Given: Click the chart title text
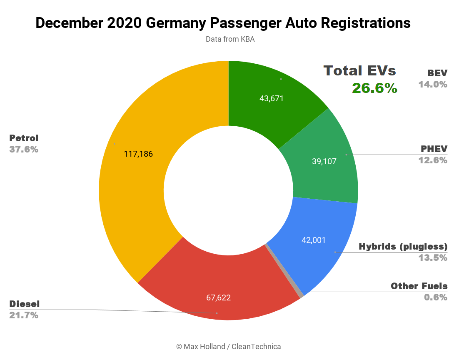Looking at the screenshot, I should tap(223, 23).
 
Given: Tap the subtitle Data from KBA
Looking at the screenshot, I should tap(230, 40).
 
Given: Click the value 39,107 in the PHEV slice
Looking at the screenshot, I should tap(324, 161).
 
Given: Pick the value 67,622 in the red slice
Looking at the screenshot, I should tap(218, 297).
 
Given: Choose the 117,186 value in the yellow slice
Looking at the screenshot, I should tap(138, 154).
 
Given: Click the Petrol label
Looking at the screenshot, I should tap(24, 138).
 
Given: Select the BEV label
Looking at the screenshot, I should tap(437, 73).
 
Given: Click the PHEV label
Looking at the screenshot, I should tap(434, 149).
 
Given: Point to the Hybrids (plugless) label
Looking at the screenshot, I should tap(403, 246).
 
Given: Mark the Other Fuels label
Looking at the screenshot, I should tap(419, 286).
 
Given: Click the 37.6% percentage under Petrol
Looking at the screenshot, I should tap(24, 149).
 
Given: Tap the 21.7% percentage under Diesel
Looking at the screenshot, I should tap(24, 315).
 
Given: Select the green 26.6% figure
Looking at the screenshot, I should tap(374, 88).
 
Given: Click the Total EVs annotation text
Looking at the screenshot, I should tap(360, 70).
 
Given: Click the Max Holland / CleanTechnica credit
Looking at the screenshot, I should tap(229, 347).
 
